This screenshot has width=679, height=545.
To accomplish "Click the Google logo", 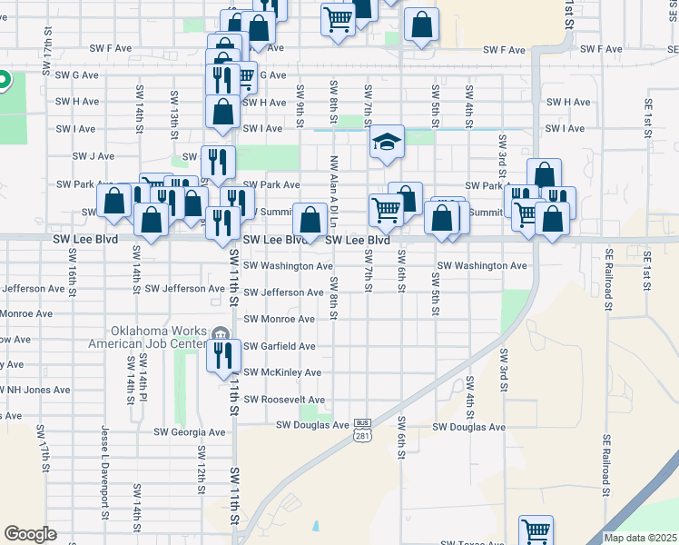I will click(x=30, y=534).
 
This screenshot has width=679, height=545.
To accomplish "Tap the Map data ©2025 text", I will click(x=641, y=538).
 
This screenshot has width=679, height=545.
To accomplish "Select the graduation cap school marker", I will click(x=387, y=143).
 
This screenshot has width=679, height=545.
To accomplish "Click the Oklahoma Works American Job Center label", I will click(x=157, y=337).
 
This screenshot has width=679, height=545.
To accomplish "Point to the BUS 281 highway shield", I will click(x=362, y=430).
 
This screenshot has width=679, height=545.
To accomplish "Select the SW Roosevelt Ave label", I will click(x=285, y=400).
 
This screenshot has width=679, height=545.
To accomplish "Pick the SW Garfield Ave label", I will click(x=280, y=346).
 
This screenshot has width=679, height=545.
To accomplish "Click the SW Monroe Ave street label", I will click(x=280, y=320).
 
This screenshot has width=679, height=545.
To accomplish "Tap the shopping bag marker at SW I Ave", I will click(x=223, y=113).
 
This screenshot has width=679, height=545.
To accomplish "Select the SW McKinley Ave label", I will click(x=282, y=372).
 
